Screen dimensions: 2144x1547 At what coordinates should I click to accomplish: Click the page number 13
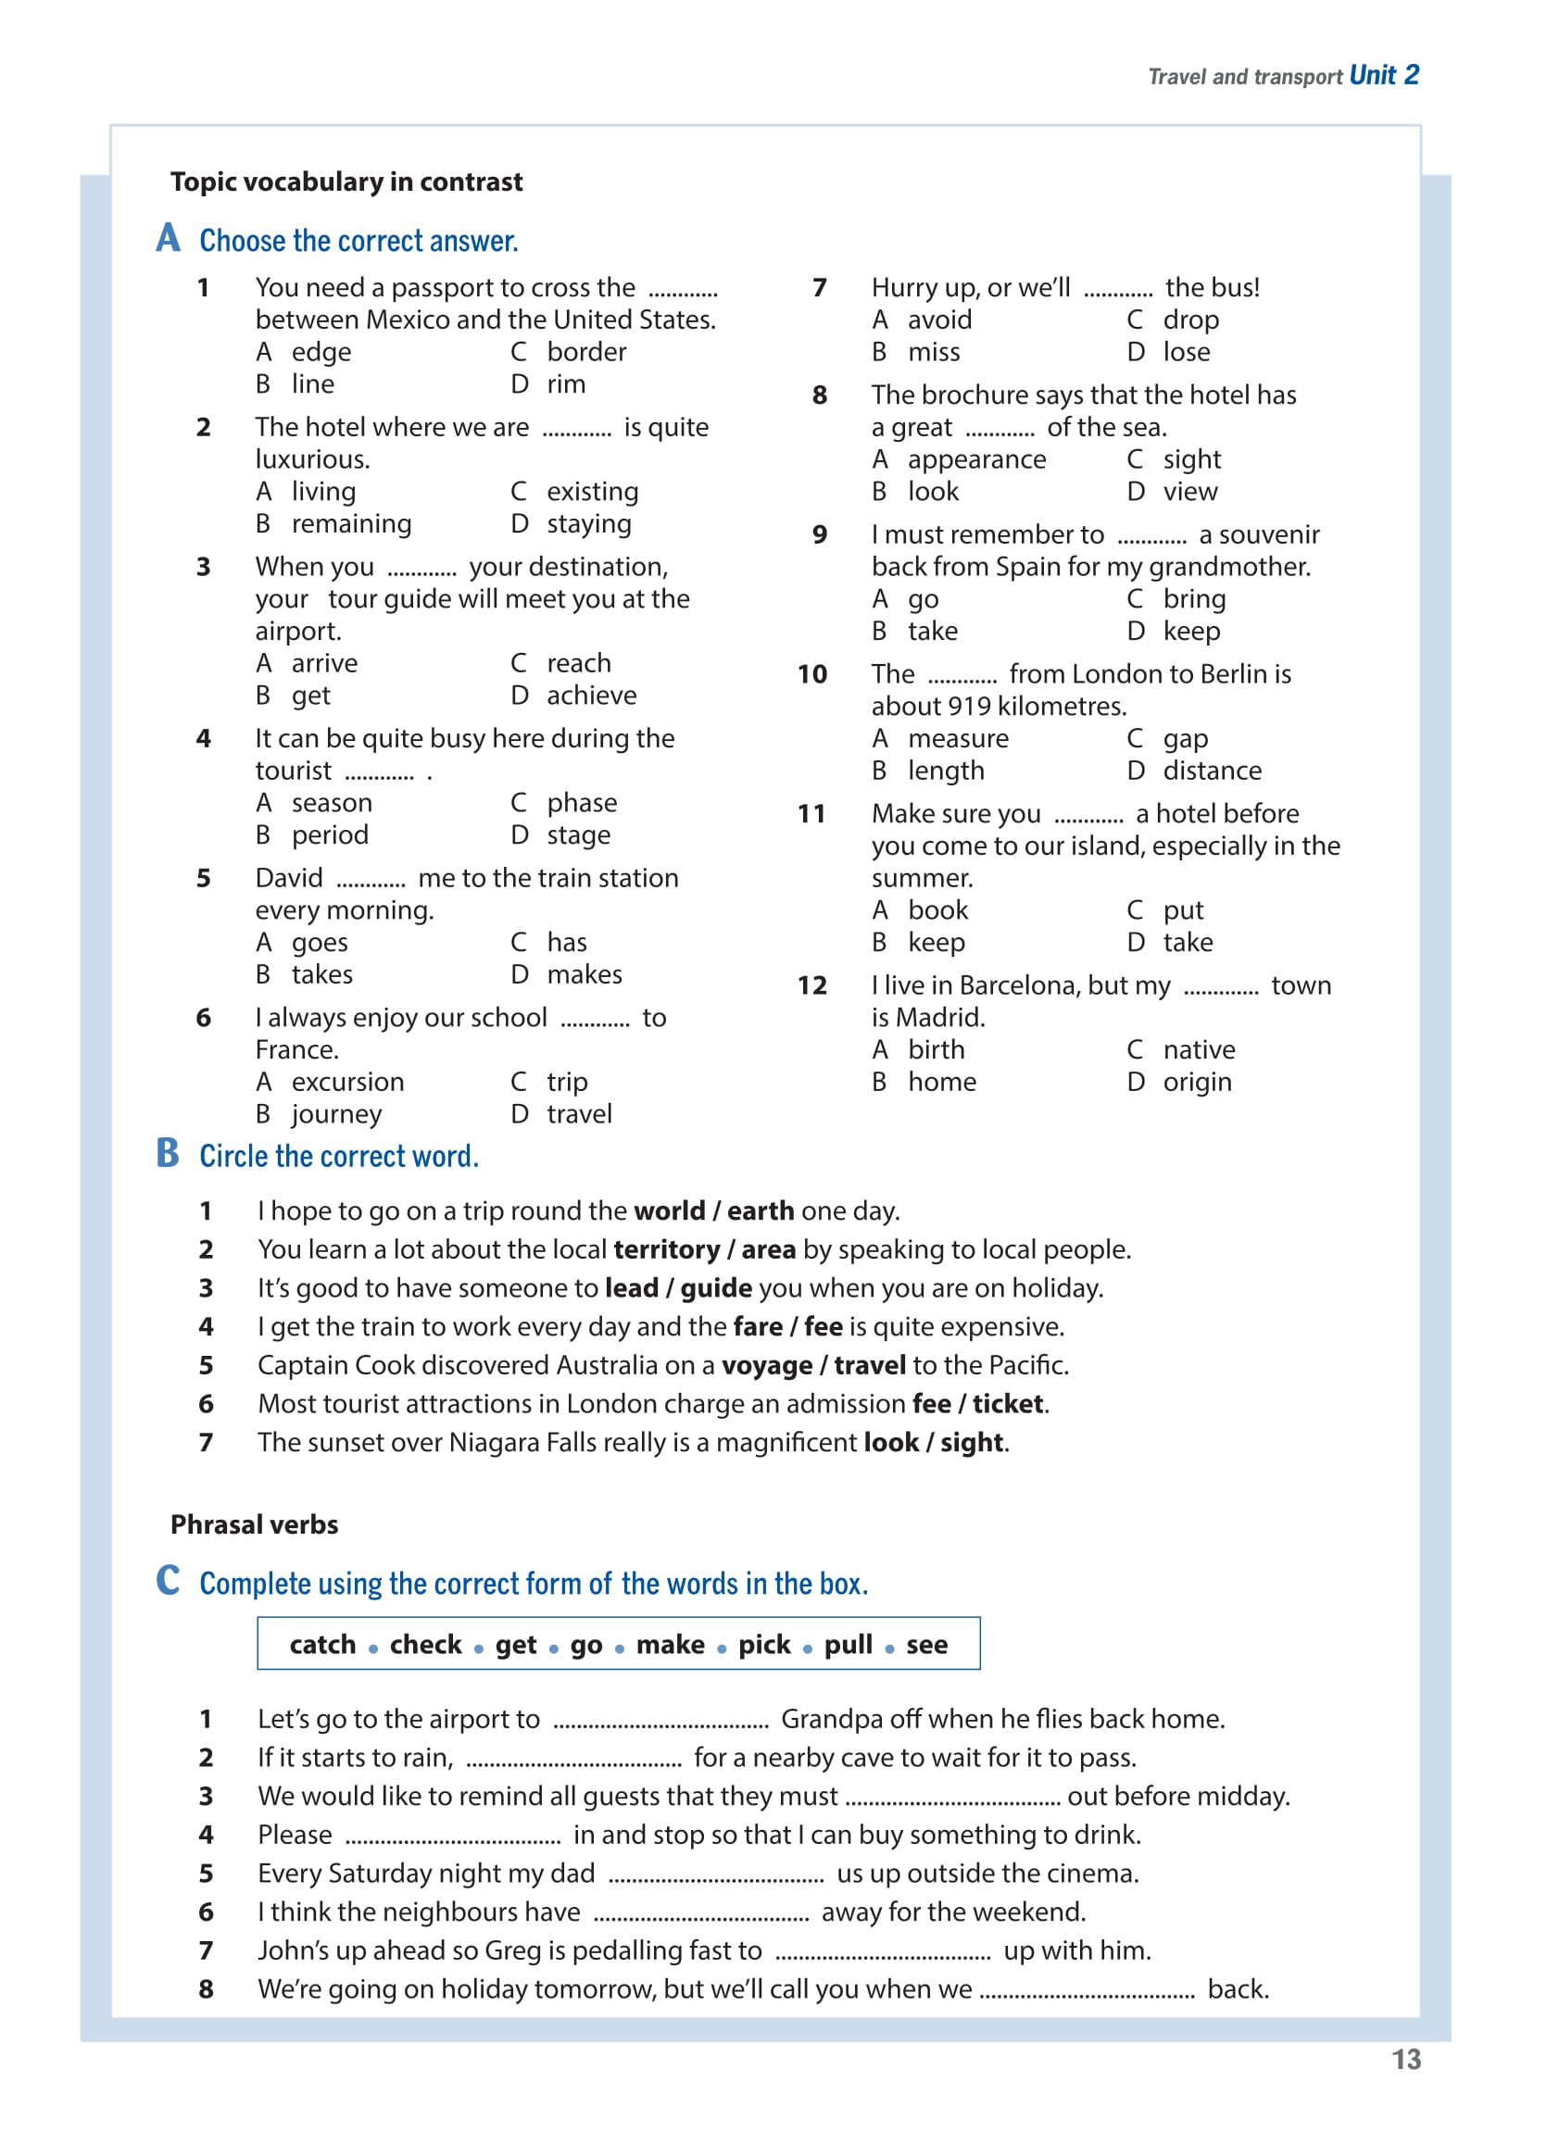[x=1405, y=2059]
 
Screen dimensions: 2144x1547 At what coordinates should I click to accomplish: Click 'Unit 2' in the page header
[x=1383, y=75]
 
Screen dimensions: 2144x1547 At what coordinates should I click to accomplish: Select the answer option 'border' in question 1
[x=586, y=352]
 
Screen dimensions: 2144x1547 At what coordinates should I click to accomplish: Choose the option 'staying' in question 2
[x=588, y=523]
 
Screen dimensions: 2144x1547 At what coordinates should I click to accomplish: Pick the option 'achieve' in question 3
[x=591, y=696]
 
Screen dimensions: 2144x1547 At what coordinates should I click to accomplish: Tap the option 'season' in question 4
[x=331, y=803]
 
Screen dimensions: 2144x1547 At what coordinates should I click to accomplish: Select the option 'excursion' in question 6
[x=347, y=1082]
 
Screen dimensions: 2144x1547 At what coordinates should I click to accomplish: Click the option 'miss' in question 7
[x=934, y=352]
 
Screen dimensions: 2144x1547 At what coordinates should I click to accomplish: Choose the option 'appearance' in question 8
[x=975, y=459]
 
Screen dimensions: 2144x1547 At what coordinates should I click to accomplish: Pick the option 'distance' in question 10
[x=1212, y=771]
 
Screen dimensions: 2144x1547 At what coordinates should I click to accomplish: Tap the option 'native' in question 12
[x=1198, y=1049]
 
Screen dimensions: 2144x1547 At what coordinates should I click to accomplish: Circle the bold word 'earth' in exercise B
[x=761, y=1211]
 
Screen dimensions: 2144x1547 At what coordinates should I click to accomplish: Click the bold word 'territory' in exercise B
[x=667, y=1249]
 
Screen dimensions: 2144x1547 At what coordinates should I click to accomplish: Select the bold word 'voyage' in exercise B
[x=766, y=1366]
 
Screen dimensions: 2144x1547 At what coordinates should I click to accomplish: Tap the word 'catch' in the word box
[x=322, y=1645]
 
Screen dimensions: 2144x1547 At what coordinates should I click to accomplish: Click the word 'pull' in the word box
[x=848, y=1645]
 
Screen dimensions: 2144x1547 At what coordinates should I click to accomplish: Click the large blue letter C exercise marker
[x=168, y=1580]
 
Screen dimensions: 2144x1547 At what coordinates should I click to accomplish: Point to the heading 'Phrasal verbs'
[x=254, y=1524]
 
